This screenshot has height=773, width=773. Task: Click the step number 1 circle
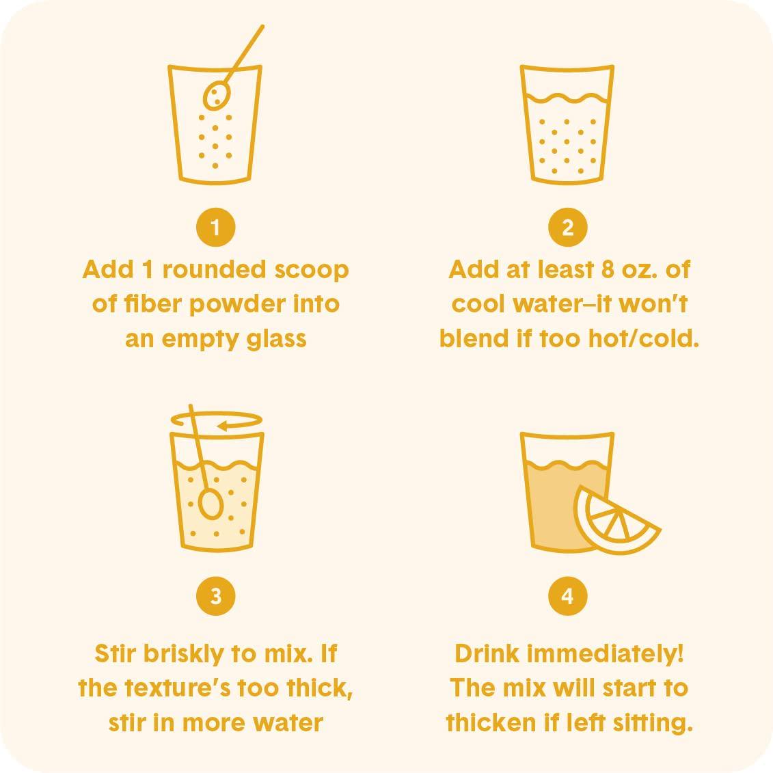click(215, 228)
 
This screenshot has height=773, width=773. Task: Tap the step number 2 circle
click(567, 228)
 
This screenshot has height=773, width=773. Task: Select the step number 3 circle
click(215, 596)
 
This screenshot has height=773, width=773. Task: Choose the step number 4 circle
click(567, 596)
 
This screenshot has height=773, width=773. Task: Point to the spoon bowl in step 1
click(217, 96)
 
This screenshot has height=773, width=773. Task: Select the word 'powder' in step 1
click(238, 304)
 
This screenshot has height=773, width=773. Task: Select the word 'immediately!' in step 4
click(606, 653)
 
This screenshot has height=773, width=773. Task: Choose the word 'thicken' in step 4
click(491, 722)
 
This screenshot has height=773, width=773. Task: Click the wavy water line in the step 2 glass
click(567, 98)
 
